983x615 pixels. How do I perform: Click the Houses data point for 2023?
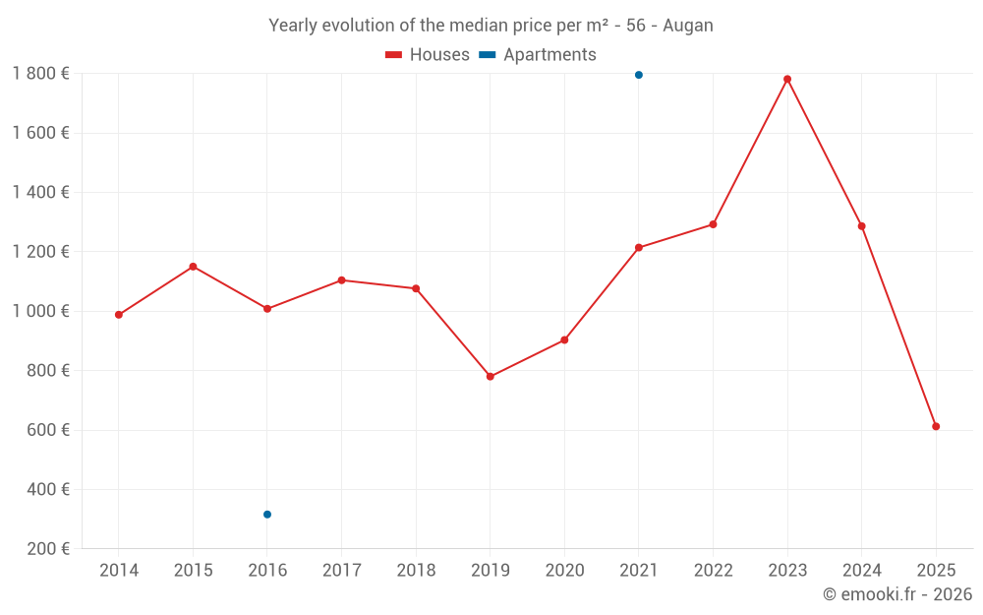(787, 79)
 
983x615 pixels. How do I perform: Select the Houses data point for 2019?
(491, 377)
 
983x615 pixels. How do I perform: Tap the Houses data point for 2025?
(936, 426)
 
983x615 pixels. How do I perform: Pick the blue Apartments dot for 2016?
(267, 515)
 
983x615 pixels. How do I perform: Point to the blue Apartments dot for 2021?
(639, 75)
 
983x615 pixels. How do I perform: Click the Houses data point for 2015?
(193, 267)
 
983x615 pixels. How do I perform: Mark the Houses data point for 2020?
(564, 340)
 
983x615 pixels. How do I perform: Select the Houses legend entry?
(428, 55)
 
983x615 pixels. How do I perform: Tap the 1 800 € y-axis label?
(40, 74)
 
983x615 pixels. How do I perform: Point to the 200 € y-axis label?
(46, 549)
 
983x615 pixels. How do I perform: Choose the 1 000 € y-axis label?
(40, 311)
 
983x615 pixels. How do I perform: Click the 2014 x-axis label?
(119, 571)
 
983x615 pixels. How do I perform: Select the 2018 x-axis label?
(416, 571)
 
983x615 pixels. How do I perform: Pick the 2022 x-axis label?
(713, 571)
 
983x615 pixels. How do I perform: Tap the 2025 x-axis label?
(936, 571)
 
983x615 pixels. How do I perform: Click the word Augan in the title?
(688, 26)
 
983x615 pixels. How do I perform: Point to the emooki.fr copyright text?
(897, 594)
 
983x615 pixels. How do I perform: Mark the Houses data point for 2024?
(862, 226)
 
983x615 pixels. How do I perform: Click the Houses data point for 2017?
(341, 280)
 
